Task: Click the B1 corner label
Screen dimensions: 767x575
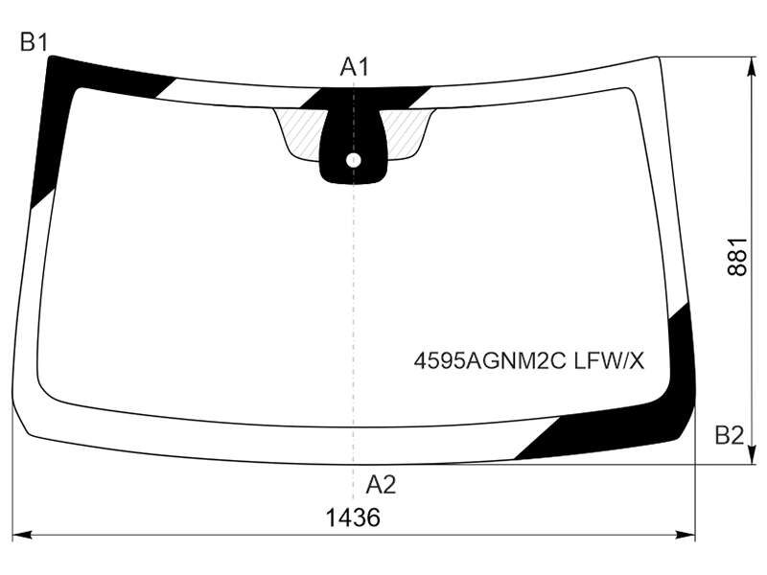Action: pos(34,42)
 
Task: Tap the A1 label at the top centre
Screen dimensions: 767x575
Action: pos(355,67)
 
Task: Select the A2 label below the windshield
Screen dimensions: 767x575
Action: pos(381,485)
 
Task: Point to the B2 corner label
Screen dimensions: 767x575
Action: pos(730,435)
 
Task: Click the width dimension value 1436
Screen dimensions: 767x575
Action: pos(353,517)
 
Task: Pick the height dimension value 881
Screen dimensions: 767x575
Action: pos(737,257)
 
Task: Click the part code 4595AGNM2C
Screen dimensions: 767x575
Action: pos(490,361)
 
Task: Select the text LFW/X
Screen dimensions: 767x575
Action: pos(610,361)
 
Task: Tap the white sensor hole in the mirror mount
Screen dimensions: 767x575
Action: pos(353,160)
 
